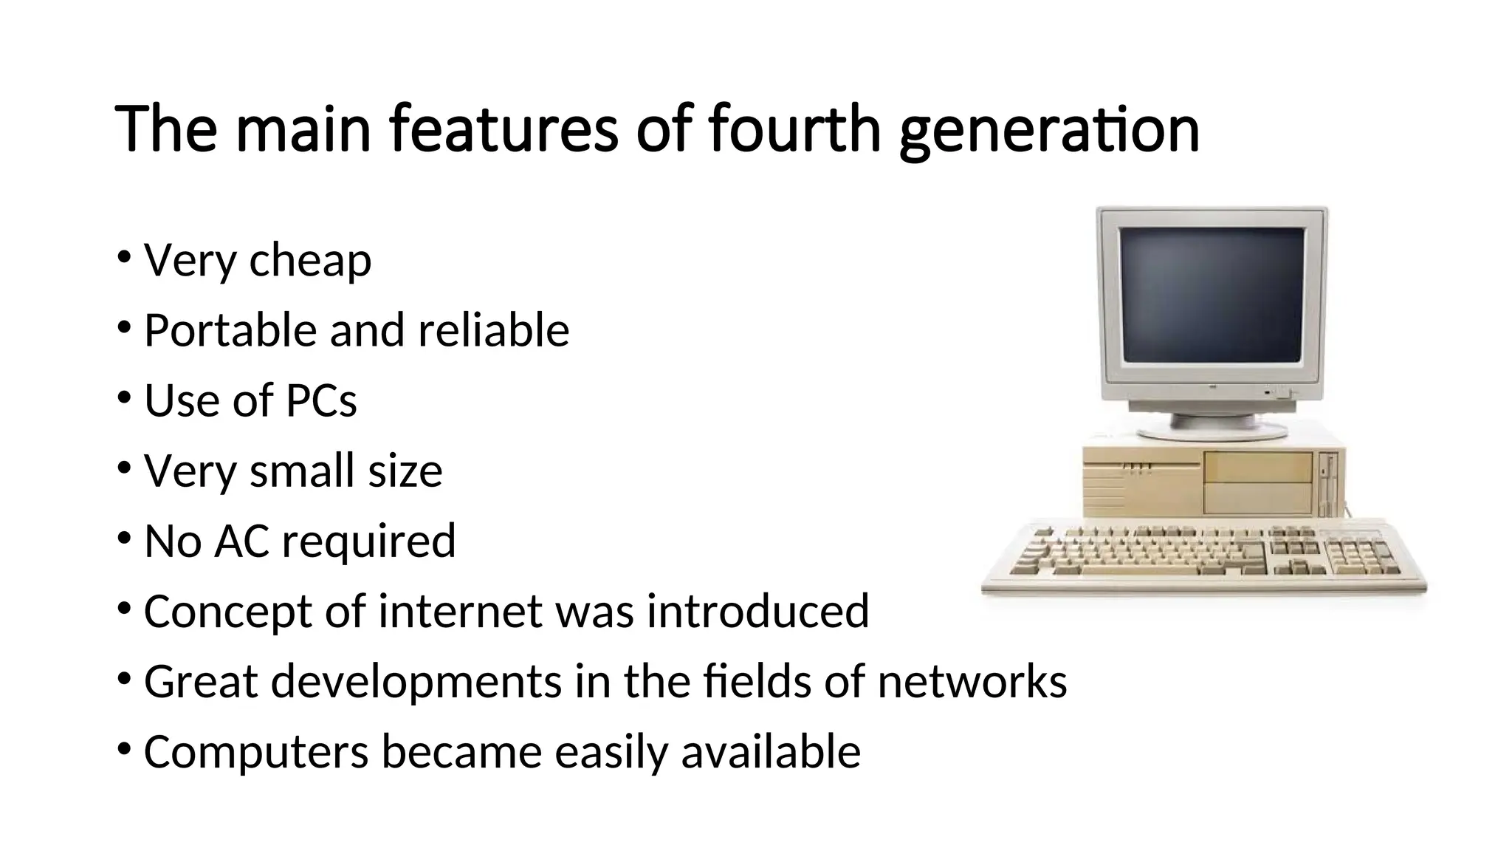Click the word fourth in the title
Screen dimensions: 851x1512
pos(794,129)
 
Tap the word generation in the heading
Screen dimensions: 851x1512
pos(1049,131)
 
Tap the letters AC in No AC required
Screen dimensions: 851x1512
pos(241,541)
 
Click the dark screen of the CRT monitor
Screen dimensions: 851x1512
pos(1212,294)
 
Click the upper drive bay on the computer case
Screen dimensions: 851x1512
pos(1258,468)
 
